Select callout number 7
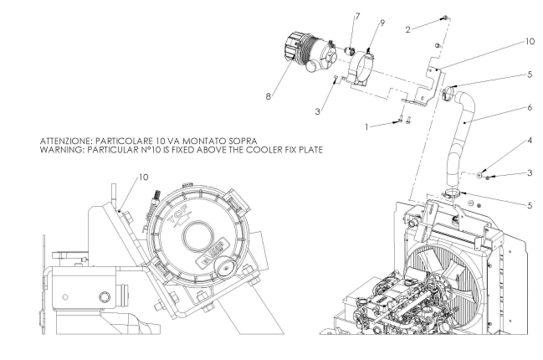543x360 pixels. pos(335,16)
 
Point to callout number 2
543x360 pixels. pos(407,28)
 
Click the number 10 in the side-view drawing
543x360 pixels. pos(143,177)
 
